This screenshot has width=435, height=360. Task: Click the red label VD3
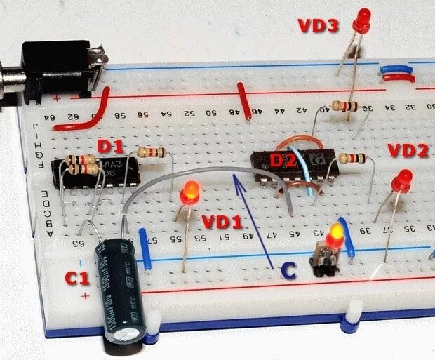point(319,27)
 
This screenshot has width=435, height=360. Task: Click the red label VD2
point(407,150)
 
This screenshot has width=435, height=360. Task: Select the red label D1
point(110,147)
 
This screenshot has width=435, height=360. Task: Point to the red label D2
point(283,160)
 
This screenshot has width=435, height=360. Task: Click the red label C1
point(77,278)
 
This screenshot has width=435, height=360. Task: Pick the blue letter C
point(288,269)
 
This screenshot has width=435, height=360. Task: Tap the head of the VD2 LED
point(403,180)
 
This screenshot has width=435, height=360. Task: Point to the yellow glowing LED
point(337,232)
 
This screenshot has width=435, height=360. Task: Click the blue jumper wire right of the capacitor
point(147,246)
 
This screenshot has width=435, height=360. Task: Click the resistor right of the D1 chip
point(152,152)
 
